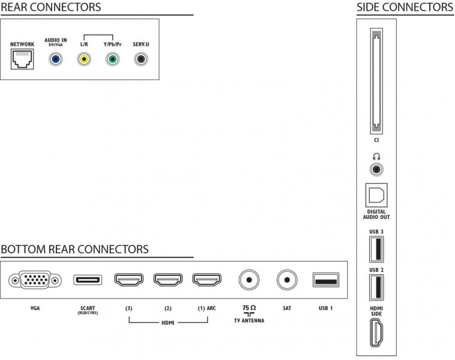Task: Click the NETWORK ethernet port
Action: point(22,59)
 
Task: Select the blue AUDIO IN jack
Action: point(55,59)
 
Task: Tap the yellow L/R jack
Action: point(84,59)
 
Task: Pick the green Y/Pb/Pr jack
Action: point(112,59)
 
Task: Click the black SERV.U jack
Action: point(141,59)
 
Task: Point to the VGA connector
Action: point(35,280)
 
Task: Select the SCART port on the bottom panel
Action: point(88,280)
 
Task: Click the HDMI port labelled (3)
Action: point(129,280)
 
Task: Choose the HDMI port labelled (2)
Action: point(168,280)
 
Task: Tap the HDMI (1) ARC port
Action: point(207,280)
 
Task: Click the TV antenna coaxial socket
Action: point(249,280)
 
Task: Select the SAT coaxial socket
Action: point(287,280)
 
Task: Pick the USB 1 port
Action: point(326,280)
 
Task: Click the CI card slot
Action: point(376,81)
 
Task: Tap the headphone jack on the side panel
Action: point(376,169)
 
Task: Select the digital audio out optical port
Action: point(376,195)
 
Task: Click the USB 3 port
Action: point(376,249)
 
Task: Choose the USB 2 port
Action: point(376,287)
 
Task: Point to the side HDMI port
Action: point(376,333)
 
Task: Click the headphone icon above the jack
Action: point(376,157)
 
